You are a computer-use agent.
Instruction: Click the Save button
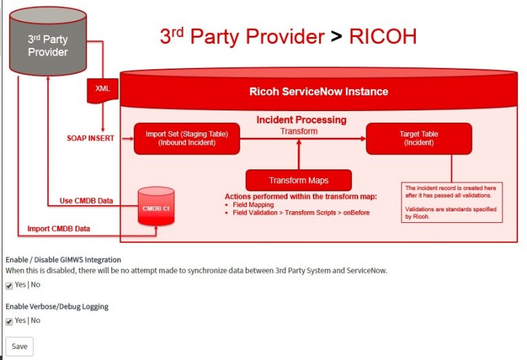pyautogui.click(x=19, y=346)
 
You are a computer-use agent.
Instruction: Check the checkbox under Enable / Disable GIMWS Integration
pyautogui.click(x=9, y=285)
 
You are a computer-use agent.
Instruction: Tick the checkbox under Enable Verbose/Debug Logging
pyautogui.click(x=9, y=321)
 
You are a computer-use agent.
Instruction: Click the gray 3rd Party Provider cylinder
pyautogui.click(x=48, y=45)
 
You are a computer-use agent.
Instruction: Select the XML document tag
pyautogui.click(x=102, y=89)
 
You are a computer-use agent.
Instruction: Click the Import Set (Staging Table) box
pyautogui.click(x=187, y=139)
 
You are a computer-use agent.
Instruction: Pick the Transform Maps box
pyautogui.click(x=298, y=180)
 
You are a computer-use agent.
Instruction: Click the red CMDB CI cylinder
pyautogui.click(x=156, y=208)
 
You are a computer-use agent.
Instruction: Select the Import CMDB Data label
pyautogui.click(x=67, y=228)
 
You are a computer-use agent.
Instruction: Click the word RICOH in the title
pyautogui.click(x=382, y=36)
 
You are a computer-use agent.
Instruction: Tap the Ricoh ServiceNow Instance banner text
pyautogui.click(x=318, y=91)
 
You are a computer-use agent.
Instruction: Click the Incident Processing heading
pyautogui.click(x=301, y=120)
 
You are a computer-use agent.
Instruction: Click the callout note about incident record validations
pyautogui.click(x=453, y=202)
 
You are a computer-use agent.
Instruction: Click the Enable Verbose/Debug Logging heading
pyautogui.click(x=57, y=307)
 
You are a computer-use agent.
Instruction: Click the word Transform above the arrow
pyautogui.click(x=299, y=131)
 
